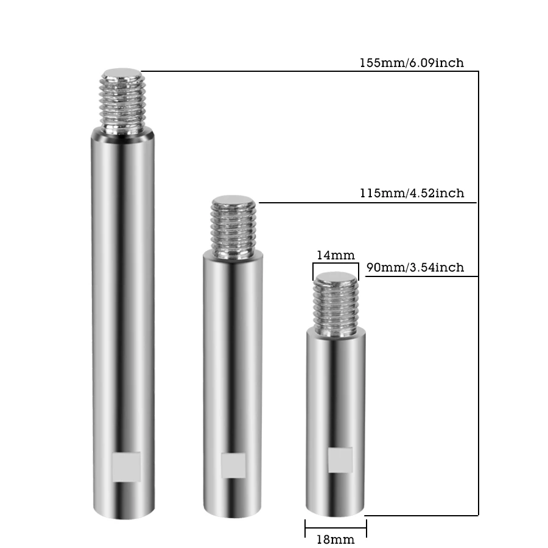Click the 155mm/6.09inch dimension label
click(412, 63)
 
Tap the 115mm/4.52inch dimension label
click(412, 193)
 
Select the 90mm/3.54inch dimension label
click(415, 267)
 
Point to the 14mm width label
click(335, 255)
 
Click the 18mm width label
click(335, 539)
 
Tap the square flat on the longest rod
click(127, 467)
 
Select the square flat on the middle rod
click(233, 466)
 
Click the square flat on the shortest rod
click(340, 460)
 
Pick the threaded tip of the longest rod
click(122, 100)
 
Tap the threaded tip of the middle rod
click(233, 227)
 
